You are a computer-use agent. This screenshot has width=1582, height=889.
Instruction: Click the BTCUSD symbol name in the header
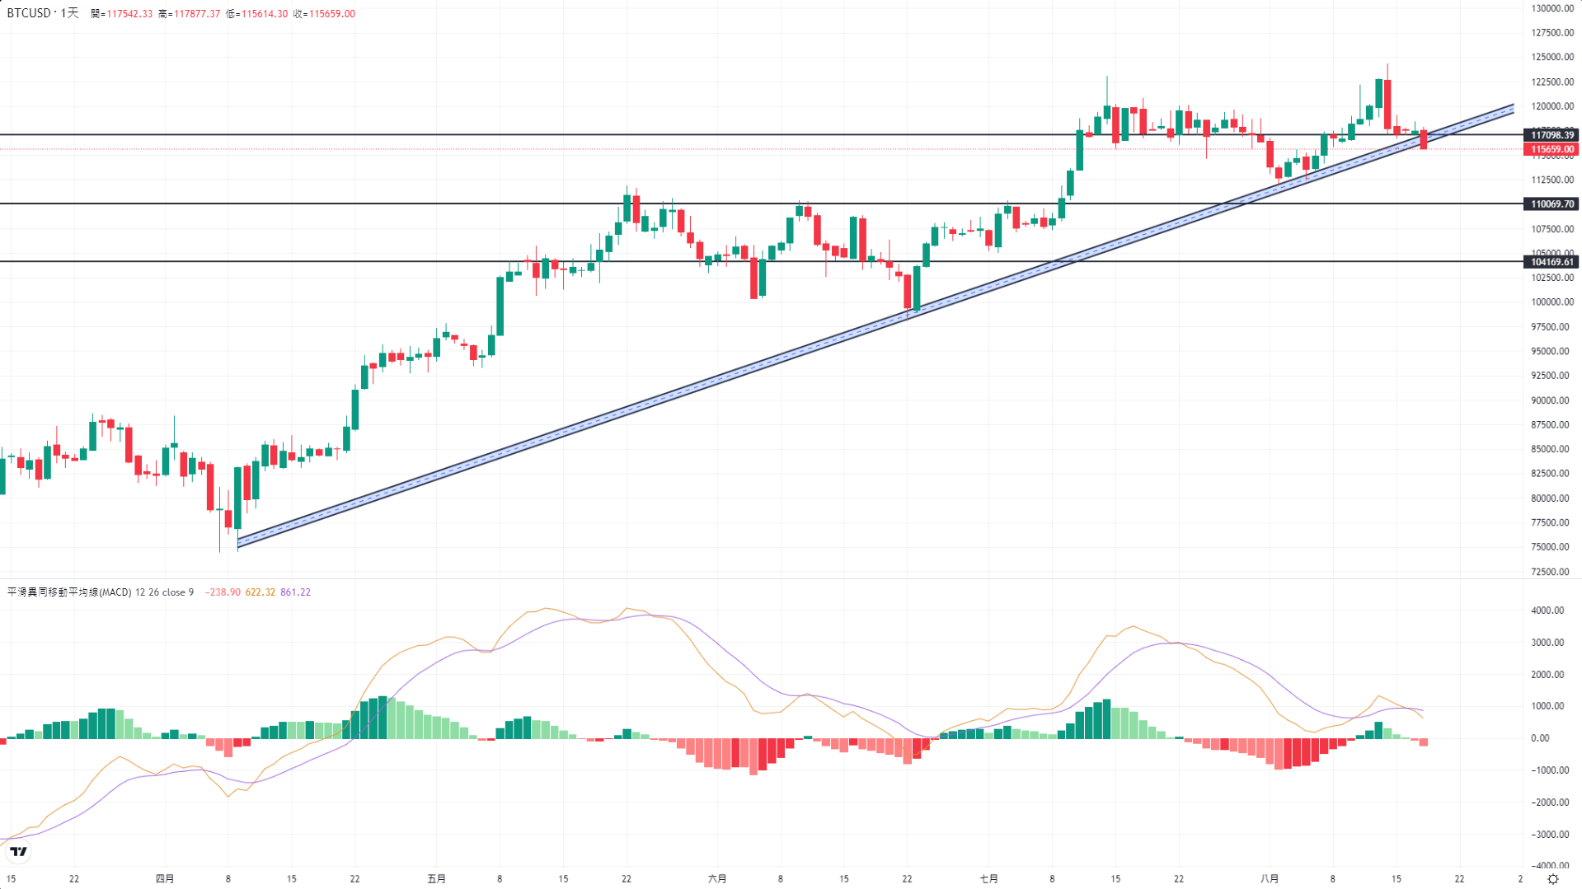tap(29, 13)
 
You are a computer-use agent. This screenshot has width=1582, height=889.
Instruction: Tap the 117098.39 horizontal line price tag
tap(1552, 135)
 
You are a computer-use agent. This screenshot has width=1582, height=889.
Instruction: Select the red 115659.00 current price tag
tap(1552, 150)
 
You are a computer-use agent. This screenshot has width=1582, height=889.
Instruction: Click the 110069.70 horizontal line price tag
tap(1552, 204)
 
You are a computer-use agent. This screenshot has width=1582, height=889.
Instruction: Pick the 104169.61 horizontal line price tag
tap(1552, 262)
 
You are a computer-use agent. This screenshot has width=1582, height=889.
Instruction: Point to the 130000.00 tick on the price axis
tap(1552, 8)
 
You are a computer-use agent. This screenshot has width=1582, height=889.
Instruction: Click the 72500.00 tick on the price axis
tap(1552, 572)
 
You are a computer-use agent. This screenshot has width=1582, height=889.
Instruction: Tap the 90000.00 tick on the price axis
tap(1552, 400)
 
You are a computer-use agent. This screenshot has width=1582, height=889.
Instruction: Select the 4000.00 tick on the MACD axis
tap(1547, 611)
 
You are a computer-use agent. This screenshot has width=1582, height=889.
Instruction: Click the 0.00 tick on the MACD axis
tap(1540, 738)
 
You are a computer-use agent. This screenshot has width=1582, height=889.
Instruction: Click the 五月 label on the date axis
tap(437, 879)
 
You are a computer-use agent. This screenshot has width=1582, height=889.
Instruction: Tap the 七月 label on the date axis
tap(989, 879)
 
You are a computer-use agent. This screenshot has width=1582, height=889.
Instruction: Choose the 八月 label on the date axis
tap(1270, 879)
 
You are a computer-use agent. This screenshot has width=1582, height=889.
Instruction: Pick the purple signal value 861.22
tap(295, 592)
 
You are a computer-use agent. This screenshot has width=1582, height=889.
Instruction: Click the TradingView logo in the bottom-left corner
tap(19, 852)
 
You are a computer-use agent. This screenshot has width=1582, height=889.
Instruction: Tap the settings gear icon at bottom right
tap(1553, 879)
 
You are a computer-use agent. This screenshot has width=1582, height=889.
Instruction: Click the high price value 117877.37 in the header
tap(196, 14)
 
